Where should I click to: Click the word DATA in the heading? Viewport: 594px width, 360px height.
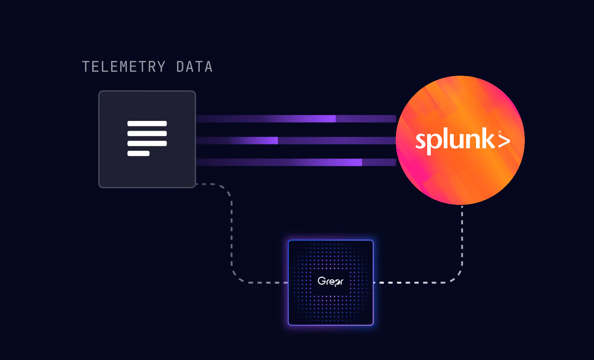pos(194,66)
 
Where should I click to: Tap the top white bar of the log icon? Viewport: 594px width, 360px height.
pos(147,123)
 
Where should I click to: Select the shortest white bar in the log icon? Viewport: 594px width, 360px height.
pos(138,153)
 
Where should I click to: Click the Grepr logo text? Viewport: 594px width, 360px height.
pos(330,282)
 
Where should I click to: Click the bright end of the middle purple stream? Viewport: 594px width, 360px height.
pos(276,141)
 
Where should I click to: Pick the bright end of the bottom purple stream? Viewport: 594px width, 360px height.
pos(360,162)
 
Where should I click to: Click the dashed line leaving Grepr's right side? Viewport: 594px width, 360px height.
pos(414,282)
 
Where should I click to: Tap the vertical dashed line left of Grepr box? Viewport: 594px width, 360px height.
pos(232,234)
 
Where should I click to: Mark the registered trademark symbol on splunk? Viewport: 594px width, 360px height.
pos(499,132)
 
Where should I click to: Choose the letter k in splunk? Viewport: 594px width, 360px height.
pos(488,138)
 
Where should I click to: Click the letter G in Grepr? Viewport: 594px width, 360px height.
pos(321,281)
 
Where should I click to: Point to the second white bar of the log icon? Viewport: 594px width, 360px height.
pos(147,133)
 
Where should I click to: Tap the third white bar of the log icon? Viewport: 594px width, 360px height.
pos(147,144)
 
